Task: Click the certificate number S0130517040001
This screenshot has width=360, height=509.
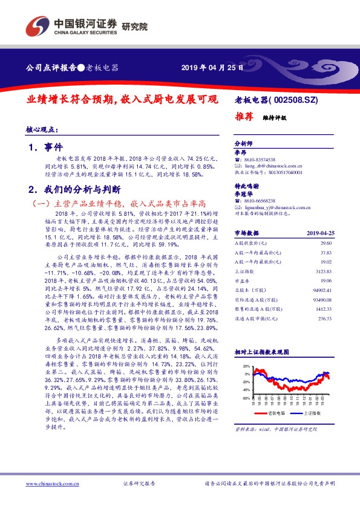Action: click(x=282, y=172)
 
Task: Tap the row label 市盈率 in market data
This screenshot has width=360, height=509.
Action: click(x=243, y=280)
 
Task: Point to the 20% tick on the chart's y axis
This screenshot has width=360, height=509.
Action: click(x=245, y=366)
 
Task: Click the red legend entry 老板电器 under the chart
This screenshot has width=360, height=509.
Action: click(x=276, y=412)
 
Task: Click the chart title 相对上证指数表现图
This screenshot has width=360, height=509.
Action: click(x=262, y=351)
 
